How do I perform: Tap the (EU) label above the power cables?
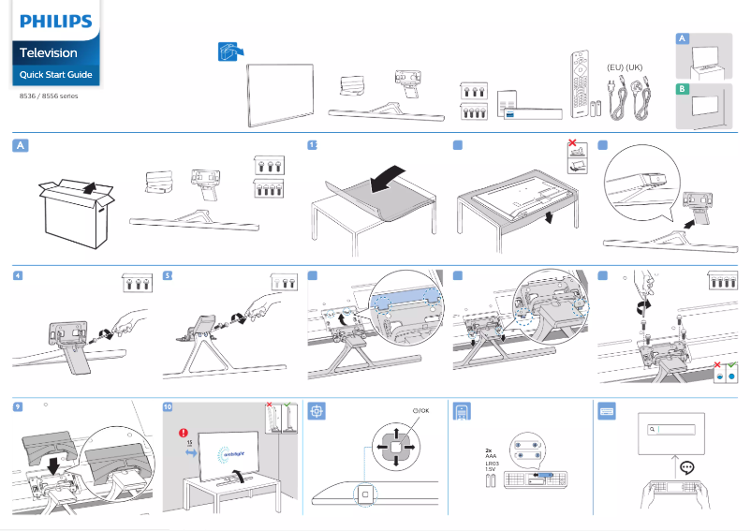click(x=614, y=66)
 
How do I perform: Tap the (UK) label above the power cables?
click(x=635, y=66)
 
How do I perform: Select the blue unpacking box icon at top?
click(x=228, y=53)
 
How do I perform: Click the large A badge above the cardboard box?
click(x=21, y=145)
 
